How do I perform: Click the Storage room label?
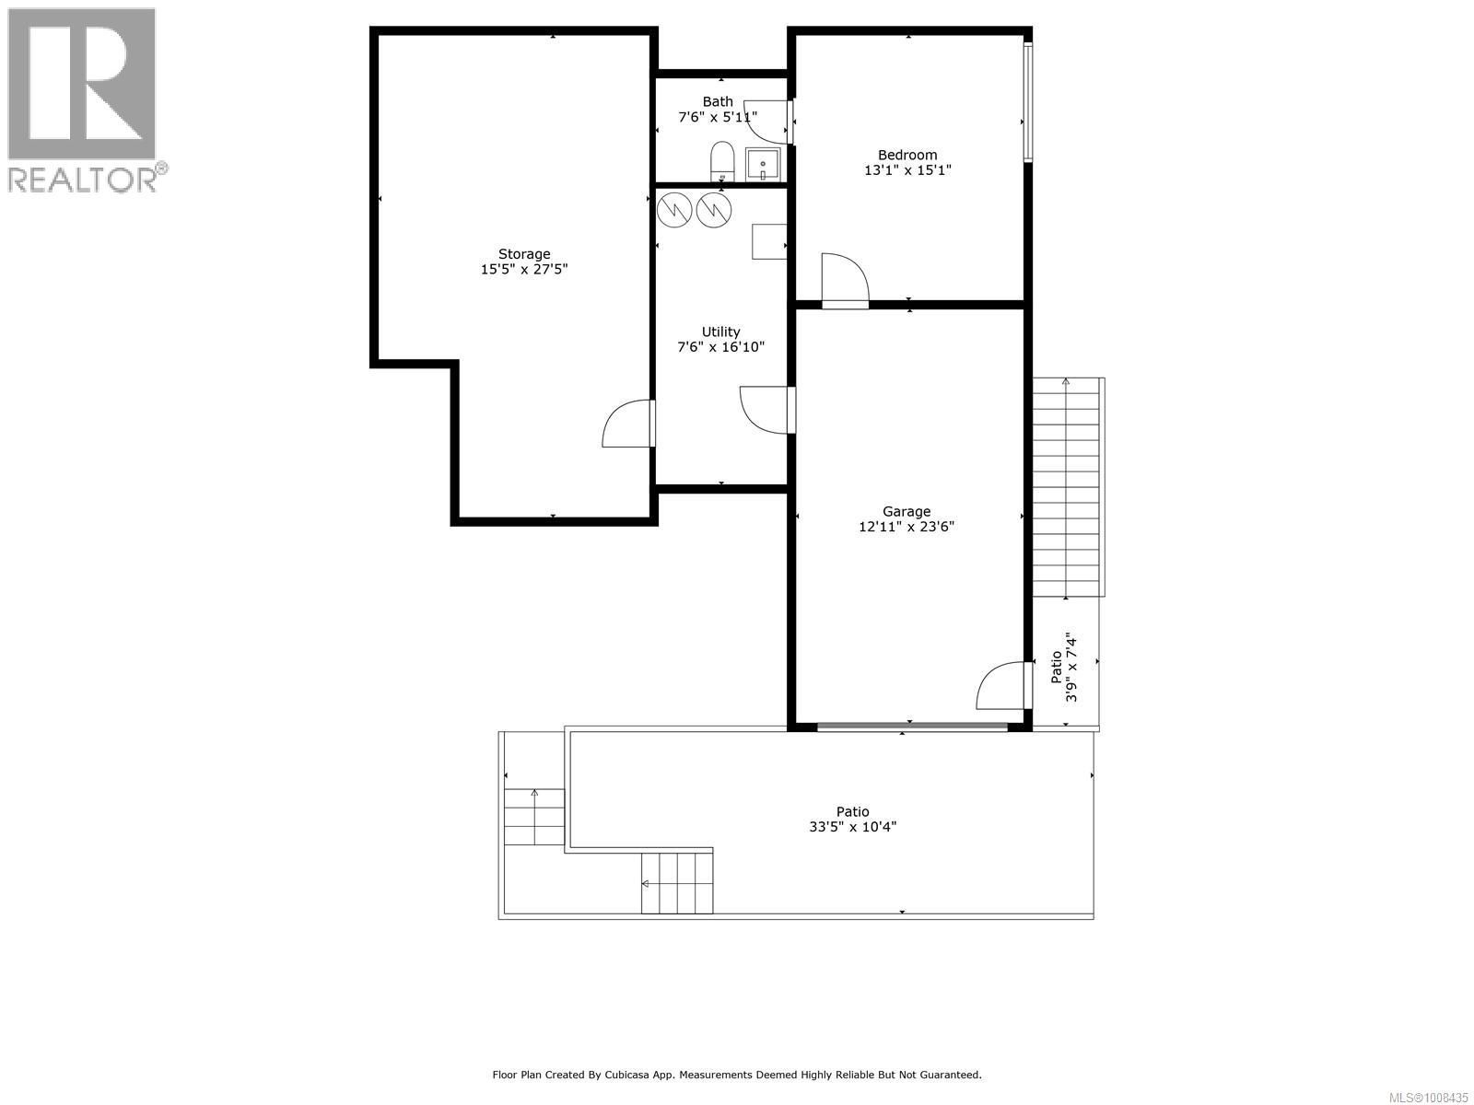524,254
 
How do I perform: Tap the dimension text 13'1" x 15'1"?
907,170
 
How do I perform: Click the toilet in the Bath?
721,161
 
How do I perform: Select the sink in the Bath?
763,164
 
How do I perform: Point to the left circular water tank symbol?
674,211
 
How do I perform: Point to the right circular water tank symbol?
713,211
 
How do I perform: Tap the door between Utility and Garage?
767,410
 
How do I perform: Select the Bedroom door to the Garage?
844,280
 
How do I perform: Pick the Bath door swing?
767,121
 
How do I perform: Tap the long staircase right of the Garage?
1066,486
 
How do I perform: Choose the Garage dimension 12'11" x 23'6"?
907,528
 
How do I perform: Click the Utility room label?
720,331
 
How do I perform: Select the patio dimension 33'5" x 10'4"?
852,827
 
